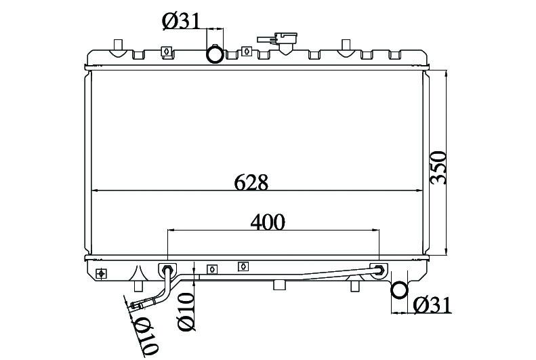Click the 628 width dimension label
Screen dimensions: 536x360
coord(251,182)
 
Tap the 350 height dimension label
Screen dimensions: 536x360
coord(438,167)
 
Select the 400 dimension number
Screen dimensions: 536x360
coord(267,222)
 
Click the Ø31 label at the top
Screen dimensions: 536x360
coord(180,21)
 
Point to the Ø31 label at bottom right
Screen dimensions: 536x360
coord(432,305)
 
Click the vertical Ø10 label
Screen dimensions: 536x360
coord(186,312)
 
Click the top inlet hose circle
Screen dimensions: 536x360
coord(215,55)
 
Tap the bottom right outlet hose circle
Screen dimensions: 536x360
coord(399,290)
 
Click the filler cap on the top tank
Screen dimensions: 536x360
coord(278,41)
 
